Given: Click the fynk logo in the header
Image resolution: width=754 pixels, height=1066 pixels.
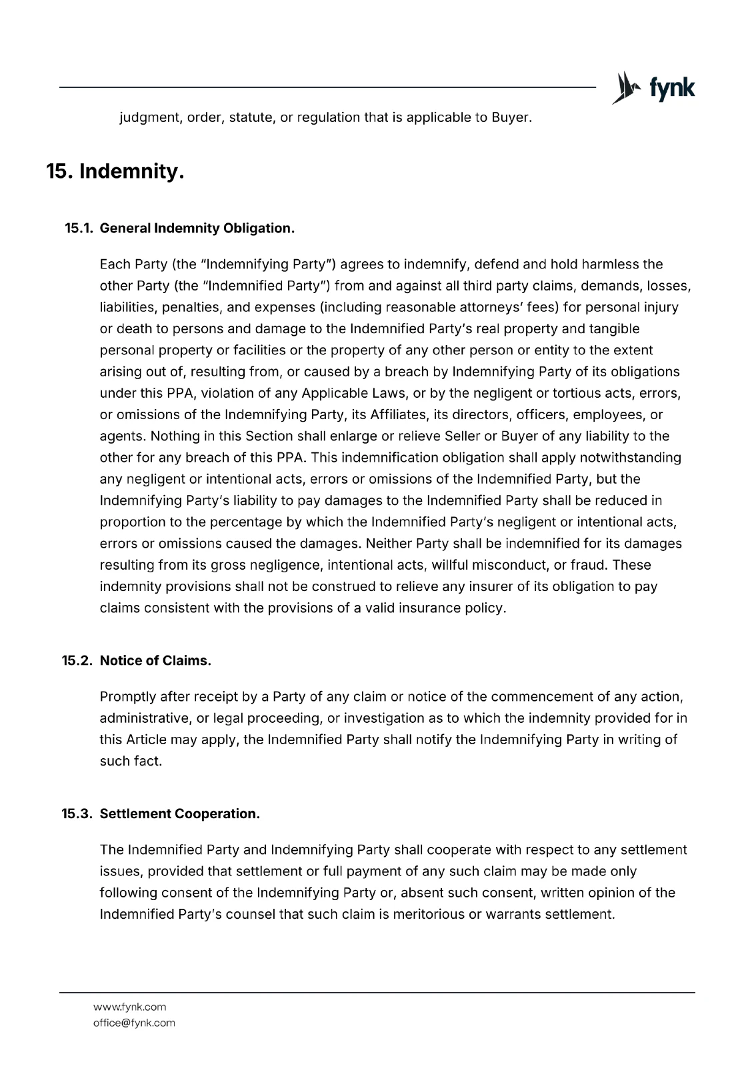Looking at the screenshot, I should click(653, 87).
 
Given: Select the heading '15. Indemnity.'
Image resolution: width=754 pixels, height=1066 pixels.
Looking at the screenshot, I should click(115, 172).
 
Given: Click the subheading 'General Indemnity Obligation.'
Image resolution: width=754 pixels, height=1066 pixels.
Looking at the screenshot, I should click(197, 229).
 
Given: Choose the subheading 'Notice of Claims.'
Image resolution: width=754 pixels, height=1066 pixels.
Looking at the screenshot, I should click(155, 661).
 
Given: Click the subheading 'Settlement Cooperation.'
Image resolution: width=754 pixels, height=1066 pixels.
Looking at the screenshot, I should click(179, 814).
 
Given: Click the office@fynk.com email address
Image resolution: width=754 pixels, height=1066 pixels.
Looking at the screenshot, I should click(134, 1023).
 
